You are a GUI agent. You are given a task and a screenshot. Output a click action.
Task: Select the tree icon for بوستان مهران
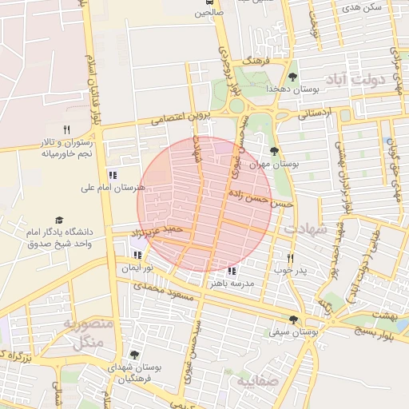pyautogui.click(x=275, y=150)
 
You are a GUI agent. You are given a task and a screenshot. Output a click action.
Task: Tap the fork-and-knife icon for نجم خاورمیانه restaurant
pyautogui.click(x=67, y=129)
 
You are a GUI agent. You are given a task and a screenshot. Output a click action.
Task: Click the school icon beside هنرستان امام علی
pyautogui.click(x=112, y=175)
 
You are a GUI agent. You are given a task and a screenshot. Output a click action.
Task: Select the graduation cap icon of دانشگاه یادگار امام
pyautogui.click(x=58, y=220)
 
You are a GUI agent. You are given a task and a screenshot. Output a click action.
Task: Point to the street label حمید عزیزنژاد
pyautogui.click(x=157, y=232)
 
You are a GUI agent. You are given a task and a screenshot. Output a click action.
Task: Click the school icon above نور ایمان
pyautogui.click(x=137, y=256)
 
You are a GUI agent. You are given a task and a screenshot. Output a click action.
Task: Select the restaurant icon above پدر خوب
pyautogui.click(x=290, y=258)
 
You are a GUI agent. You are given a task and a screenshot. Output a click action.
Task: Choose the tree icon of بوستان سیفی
pyautogui.click(x=293, y=320)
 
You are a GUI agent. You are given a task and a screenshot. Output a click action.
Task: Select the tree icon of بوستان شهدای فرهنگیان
pyautogui.click(x=133, y=355)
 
